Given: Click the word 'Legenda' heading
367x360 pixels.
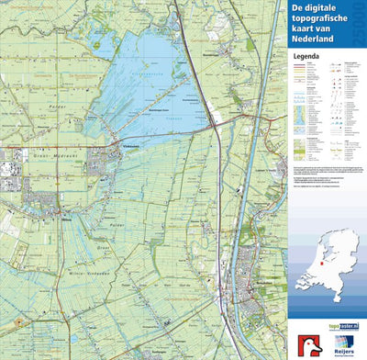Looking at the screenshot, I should [307, 55].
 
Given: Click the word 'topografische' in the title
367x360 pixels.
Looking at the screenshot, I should [319, 21].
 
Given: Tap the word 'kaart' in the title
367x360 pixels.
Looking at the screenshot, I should [303, 31].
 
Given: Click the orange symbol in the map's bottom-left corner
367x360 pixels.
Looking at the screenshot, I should [16, 322].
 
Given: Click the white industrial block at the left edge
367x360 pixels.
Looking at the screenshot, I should [8, 170].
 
